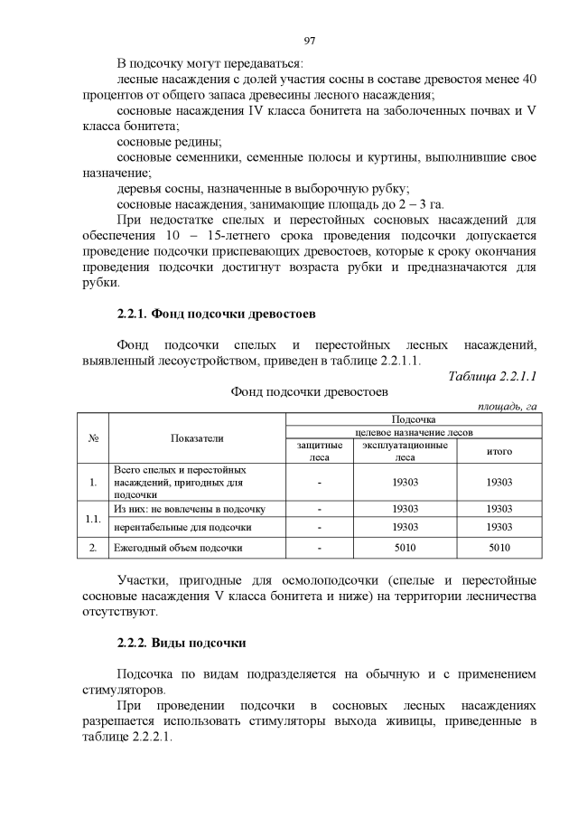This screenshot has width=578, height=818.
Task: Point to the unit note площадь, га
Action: (x=508, y=407)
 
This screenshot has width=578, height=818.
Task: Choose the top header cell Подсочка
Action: (x=413, y=419)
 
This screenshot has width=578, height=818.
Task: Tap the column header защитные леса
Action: (x=320, y=451)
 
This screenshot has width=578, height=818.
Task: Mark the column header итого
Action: (x=499, y=451)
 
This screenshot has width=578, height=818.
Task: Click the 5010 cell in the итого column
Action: (x=499, y=548)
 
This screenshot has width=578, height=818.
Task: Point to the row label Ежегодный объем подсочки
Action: (x=178, y=548)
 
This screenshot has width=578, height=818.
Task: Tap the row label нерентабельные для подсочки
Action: (x=182, y=527)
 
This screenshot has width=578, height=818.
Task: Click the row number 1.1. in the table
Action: (x=92, y=518)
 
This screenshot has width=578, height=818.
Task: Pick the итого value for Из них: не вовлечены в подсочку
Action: (x=499, y=509)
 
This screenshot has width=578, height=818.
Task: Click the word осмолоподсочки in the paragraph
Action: (x=335, y=579)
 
